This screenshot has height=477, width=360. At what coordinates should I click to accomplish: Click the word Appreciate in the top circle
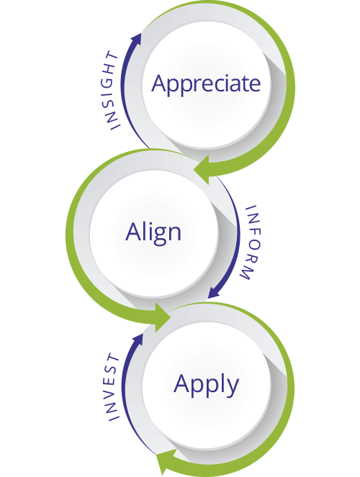click(205, 83)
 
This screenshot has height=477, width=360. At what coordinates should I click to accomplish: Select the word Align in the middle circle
click(153, 232)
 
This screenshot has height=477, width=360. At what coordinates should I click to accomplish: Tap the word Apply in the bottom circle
click(206, 384)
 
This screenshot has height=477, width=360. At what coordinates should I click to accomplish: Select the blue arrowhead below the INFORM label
click(214, 294)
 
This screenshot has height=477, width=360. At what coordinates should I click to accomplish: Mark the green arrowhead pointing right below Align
click(160, 315)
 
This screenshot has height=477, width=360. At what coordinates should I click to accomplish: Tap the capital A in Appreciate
click(160, 83)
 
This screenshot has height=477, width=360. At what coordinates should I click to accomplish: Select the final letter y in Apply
click(231, 387)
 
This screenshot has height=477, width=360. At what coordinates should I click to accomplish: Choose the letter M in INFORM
click(245, 275)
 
